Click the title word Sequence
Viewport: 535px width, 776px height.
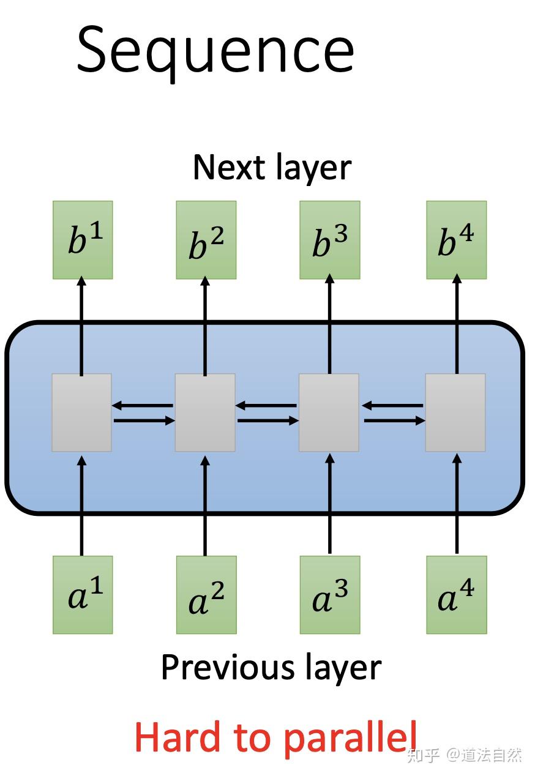tap(215, 49)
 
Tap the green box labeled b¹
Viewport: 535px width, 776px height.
tap(83, 240)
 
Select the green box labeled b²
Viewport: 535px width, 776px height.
tap(206, 240)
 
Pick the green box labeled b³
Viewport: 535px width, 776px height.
tap(330, 240)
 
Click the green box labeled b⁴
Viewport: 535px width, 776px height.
tap(456, 240)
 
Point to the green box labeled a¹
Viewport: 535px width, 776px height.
tap(83, 594)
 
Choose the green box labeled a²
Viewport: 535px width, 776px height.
tap(206, 594)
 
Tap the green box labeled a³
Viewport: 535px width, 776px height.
tap(330, 594)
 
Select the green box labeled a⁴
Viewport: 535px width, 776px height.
tap(456, 594)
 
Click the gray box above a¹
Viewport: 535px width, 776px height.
tap(81, 412)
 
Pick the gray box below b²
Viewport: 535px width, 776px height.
tap(205, 412)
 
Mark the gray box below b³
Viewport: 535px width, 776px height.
tap(329, 412)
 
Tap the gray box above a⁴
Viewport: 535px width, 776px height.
tap(455, 412)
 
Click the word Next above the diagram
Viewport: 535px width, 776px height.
tap(221, 167)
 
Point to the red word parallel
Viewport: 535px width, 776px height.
tap(351, 737)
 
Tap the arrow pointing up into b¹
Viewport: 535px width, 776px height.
tap(82, 324)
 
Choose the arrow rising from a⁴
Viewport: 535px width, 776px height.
tap(456, 502)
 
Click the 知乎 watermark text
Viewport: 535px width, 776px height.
tap(424, 755)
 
